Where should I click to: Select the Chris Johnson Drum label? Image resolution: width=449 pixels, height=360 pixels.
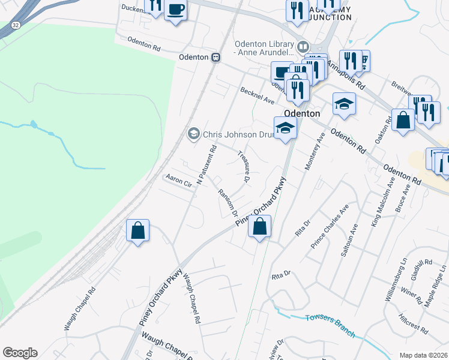point(238,134)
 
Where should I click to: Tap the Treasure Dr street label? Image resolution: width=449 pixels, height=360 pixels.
point(244,163)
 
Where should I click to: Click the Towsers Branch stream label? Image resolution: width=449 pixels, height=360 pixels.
point(330,325)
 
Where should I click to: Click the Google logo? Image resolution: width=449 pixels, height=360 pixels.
point(20,353)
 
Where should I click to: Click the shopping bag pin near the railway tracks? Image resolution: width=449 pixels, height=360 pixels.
point(137,230)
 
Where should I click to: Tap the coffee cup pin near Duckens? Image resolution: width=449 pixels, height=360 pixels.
point(175,10)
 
